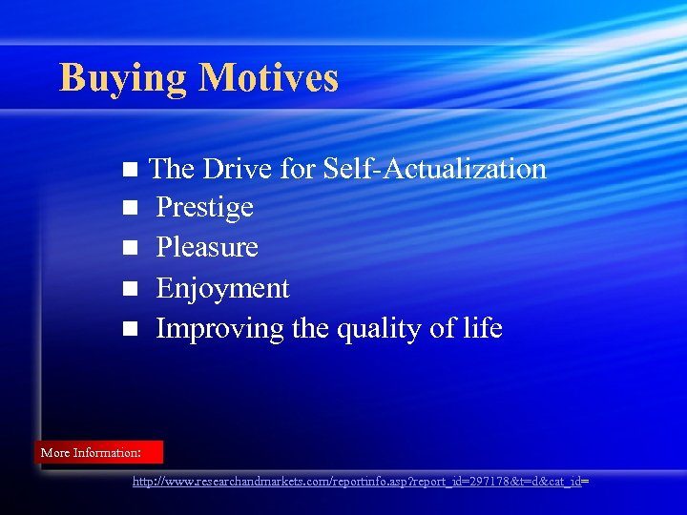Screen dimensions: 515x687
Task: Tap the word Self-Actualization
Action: click(434, 169)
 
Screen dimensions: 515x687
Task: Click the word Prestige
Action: click(204, 208)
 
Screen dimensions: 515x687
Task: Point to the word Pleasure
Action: click(207, 248)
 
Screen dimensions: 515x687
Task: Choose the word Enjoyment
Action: click(222, 289)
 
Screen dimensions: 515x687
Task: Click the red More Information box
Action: click(99, 452)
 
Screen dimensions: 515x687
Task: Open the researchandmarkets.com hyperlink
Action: click(360, 483)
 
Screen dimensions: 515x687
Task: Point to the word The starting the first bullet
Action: click(172, 169)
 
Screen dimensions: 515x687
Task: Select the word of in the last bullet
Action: click(443, 328)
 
